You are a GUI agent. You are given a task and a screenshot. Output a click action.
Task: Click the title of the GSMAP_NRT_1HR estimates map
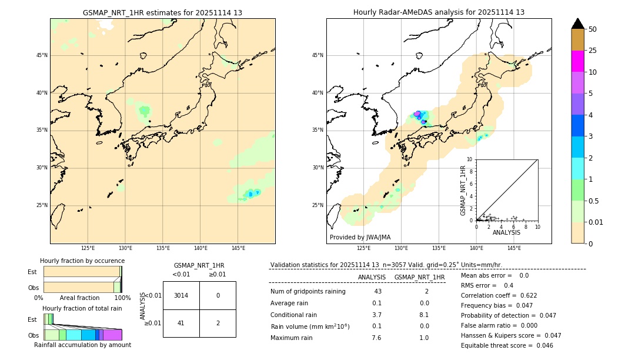tap(162, 12)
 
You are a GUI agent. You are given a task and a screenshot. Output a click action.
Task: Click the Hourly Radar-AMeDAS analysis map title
tap(439, 12)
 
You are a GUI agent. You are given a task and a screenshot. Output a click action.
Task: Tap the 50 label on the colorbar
tap(593, 29)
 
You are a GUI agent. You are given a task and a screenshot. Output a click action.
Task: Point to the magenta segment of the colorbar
tap(577, 61)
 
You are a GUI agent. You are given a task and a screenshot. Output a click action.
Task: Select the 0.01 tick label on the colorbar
tap(596, 222)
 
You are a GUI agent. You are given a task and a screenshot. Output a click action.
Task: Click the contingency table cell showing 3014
tap(181, 295)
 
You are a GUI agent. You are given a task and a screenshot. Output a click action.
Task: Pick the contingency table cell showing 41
tap(181, 323)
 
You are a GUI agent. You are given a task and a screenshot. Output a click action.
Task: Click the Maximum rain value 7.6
tap(376, 338)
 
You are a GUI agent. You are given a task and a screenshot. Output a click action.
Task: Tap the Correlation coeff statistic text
tap(499, 295)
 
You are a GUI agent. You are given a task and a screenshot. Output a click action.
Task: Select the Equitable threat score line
tap(507, 345)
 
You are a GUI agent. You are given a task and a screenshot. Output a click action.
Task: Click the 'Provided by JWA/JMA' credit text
tap(360, 237)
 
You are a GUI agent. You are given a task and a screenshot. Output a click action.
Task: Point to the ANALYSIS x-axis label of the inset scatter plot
tap(506, 232)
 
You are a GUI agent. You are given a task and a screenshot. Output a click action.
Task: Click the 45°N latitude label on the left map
tap(42, 55)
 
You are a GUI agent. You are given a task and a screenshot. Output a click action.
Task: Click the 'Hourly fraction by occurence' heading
tap(82, 261)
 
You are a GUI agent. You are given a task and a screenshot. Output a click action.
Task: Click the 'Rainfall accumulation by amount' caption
tap(82, 345)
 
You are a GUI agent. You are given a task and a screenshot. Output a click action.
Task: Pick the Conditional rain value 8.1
tap(424, 315)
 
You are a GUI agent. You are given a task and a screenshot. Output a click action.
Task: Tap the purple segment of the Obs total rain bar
tap(101, 335)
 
